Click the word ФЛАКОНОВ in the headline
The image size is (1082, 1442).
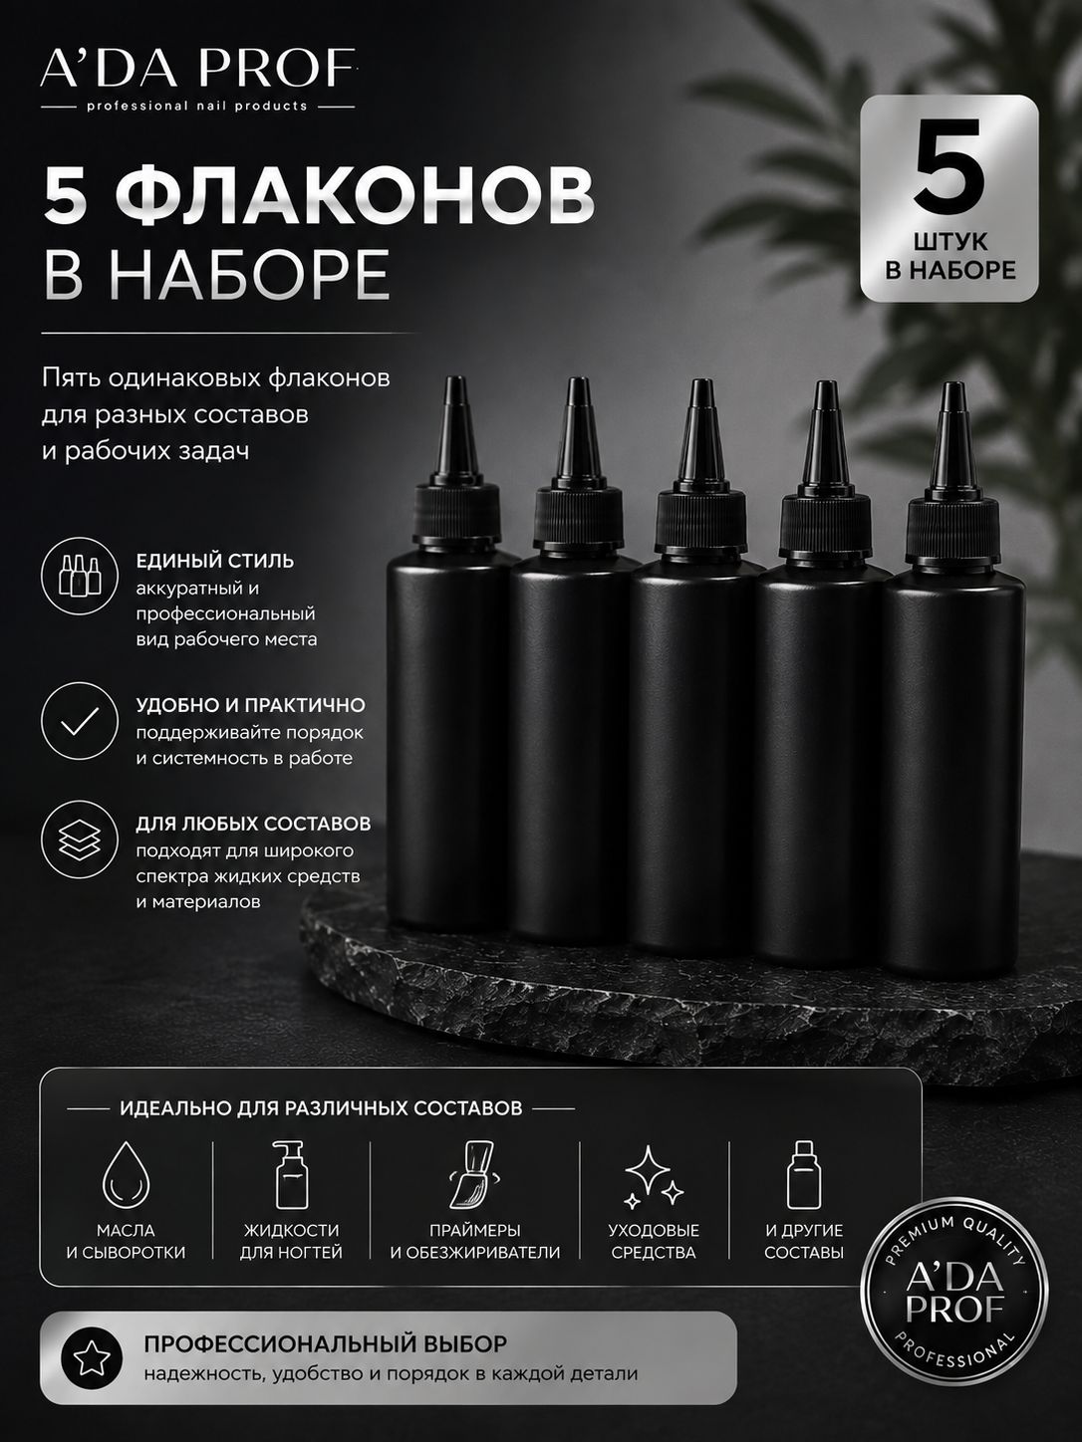click(x=359, y=195)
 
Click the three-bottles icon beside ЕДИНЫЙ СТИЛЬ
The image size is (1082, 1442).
click(x=80, y=576)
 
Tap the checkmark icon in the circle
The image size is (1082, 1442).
click(x=80, y=721)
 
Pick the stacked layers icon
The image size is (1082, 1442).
click(x=80, y=840)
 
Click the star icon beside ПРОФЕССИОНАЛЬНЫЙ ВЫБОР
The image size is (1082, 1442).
click(x=92, y=1359)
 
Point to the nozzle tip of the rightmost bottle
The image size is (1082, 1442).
click(x=952, y=385)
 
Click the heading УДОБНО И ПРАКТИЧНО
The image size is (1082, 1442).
click(x=250, y=705)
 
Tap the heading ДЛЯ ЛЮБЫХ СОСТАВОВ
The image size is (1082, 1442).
click(x=253, y=824)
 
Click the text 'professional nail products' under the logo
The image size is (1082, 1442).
click(x=197, y=106)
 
